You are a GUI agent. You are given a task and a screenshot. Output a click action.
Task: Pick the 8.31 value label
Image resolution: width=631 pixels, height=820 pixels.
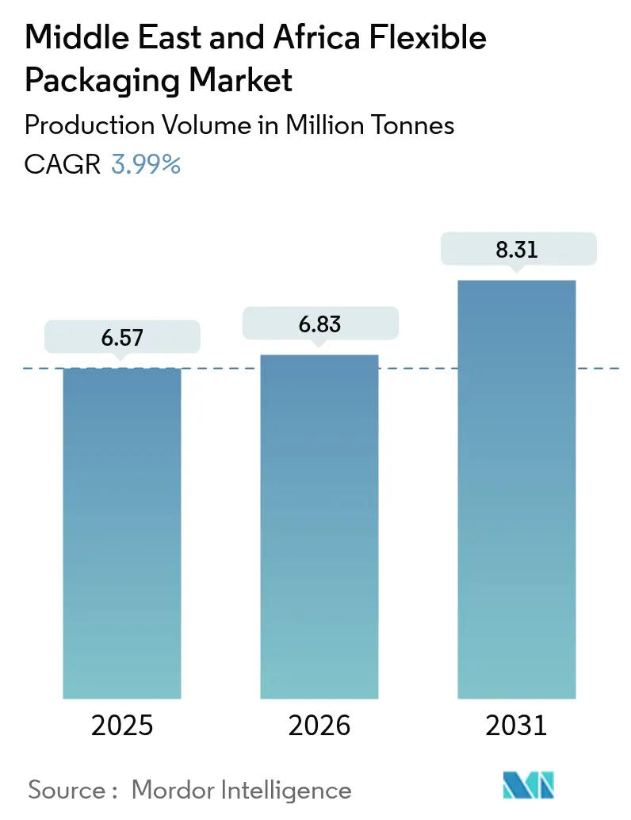(x=516, y=249)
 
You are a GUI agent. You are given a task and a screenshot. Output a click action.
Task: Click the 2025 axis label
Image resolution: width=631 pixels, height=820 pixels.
(x=122, y=725)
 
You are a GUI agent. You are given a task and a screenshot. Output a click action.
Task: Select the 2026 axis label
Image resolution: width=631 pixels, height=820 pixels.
(x=319, y=725)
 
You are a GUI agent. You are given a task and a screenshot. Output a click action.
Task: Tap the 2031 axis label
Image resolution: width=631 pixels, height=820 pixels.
(x=516, y=725)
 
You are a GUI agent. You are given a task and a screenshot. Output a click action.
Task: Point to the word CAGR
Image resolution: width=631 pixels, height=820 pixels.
(x=63, y=164)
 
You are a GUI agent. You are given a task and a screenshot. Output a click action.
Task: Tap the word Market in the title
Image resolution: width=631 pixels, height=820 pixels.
(x=240, y=80)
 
